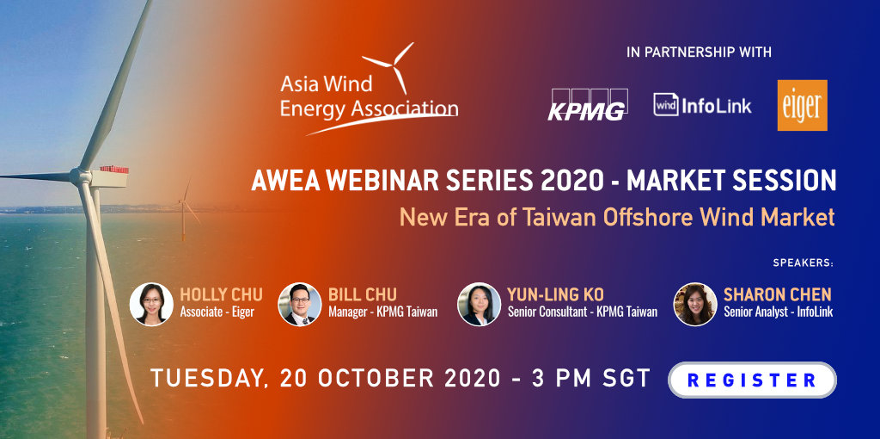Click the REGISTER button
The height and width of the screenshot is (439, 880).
[752, 380]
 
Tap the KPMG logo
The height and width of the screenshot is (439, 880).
[588, 104]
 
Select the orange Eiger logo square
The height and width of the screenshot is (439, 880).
[802, 105]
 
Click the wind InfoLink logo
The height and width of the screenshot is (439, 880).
[702, 105]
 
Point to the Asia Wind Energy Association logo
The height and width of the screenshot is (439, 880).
[369, 89]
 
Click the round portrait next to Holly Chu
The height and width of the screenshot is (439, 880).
[151, 304]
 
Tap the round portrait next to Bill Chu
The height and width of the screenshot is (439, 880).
[300, 304]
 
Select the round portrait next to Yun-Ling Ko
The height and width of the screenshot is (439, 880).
[479, 304]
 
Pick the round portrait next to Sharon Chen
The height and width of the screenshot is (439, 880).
[695, 304]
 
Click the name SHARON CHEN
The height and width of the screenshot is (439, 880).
[777, 294]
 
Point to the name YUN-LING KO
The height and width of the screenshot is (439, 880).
[556, 294]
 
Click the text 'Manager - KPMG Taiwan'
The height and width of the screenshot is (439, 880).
[382, 312]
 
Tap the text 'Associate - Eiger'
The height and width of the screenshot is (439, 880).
[217, 312]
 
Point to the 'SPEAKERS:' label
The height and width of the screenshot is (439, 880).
[804, 263]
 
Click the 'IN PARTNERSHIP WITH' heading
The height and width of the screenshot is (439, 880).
[699, 53]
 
